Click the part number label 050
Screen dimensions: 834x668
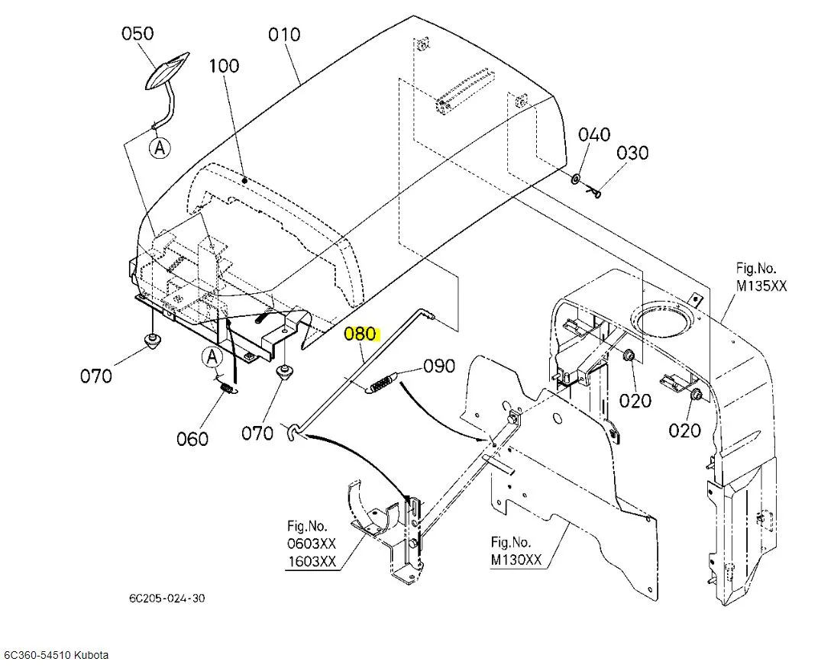point(137,33)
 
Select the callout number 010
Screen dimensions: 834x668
point(284,34)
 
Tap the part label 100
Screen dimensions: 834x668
point(224,66)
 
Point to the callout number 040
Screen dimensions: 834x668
point(594,134)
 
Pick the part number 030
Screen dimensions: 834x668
point(632,153)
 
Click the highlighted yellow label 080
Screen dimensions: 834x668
point(360,334)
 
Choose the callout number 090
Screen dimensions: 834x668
point(439,366)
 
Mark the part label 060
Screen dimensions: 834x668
point(192,439)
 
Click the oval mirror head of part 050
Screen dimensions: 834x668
point(166,71)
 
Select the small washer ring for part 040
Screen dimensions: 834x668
point(577,178)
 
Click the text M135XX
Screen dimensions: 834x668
point(761,286)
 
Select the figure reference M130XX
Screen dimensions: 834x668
point(516,560)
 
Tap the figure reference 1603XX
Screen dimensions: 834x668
point(312,562)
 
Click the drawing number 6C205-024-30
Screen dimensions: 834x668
point(166,599)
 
